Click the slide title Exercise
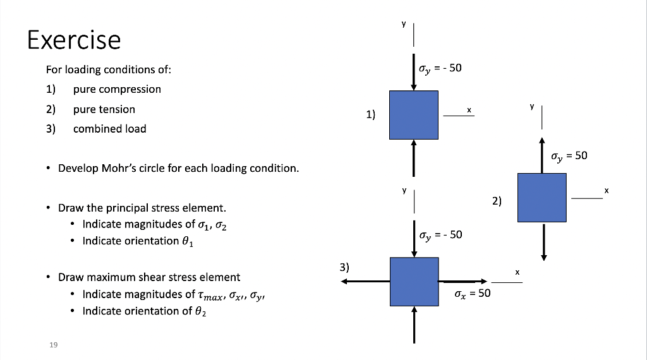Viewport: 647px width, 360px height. point(73,40)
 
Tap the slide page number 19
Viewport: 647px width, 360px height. point(53,344)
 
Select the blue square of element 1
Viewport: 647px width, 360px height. point(414,115)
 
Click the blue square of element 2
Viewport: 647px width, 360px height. point(542,198)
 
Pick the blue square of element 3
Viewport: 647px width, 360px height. point(414,281)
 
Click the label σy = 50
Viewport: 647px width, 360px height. point(569,155)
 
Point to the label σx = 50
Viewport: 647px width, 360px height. point(472,293)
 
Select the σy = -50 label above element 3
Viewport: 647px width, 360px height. point(440,234)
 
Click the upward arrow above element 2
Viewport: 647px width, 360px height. point(542,155)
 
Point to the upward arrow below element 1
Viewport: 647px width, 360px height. point(414,157)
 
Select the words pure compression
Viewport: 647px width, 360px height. point(117,89)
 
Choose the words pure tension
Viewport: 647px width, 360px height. point(104,109)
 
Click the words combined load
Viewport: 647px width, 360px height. point(109,129)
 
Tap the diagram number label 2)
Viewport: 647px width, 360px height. point(497,201)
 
